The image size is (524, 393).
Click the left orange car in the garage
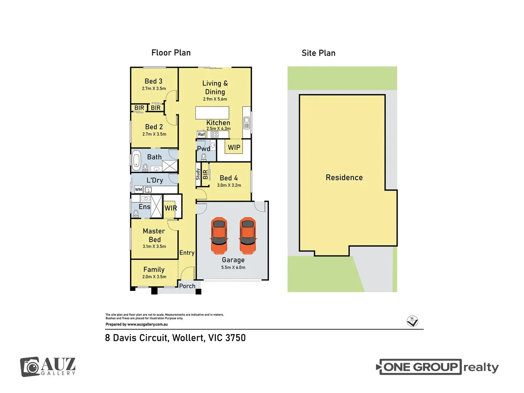point(219,235)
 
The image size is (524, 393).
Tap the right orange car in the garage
point(248,235)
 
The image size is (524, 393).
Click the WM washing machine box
point(139,190)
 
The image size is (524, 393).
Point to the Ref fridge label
point(201,134)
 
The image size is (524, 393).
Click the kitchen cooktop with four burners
point(214,135)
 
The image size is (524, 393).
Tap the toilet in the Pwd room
point(204,157)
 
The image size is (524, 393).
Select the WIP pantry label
point(234,147)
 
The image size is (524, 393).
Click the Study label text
point(198,174)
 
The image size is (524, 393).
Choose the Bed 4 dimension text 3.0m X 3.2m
point(229,185)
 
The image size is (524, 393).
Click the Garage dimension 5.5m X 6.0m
point(233,267)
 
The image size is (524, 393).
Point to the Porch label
point(187,286)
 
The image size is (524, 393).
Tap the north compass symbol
point(412,321)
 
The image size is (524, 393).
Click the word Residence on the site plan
point(344,177)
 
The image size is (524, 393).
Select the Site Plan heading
point(318,53)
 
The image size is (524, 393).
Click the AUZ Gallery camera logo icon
point(30,367)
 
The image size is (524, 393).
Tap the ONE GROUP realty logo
point(437,367)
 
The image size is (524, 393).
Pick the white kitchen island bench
point(212,113)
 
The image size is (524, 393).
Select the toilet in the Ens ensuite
point(136,213)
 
